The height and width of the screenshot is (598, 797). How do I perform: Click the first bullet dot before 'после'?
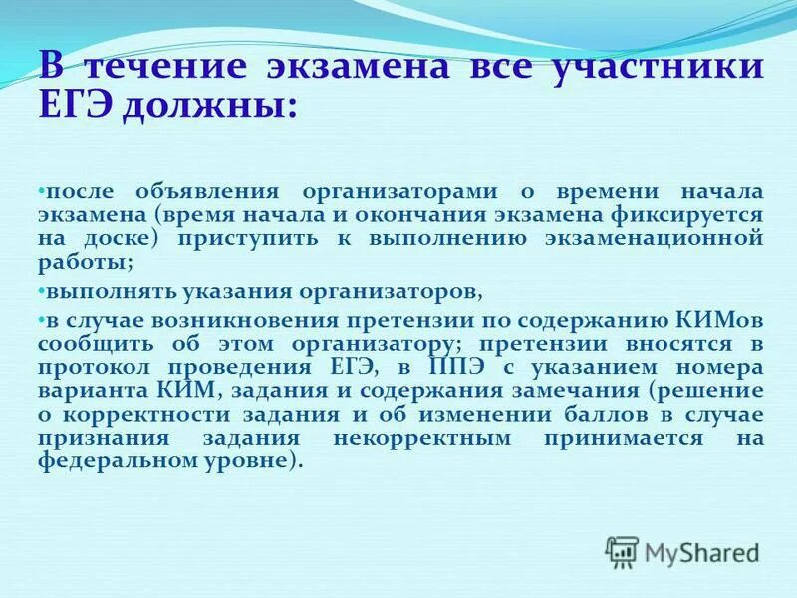point(42,189)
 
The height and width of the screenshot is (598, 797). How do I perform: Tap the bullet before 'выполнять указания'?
point(42,291)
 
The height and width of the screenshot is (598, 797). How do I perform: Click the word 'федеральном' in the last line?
point(114,462)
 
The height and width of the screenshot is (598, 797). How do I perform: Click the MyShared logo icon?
point(622,551)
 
